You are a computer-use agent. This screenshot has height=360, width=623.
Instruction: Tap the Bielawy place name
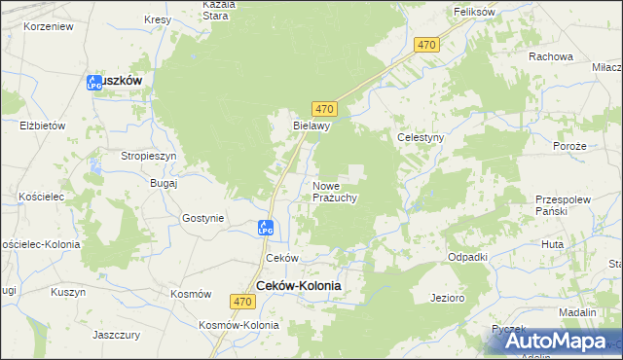pyautogui.click(x=313, y=126)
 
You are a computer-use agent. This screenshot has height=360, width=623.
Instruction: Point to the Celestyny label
pyautogui.click(x=421, y=138)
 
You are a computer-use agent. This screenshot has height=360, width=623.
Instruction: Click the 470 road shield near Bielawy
pyautogui.click(x=325, y=108)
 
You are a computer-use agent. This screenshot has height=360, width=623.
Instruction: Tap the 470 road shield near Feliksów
pyautogui.click(x=426, y=46)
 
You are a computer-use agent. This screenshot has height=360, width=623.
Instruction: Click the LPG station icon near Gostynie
pyautogui.click(x=266, y=228)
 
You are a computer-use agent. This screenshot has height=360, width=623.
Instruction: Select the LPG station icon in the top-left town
pyautogui.click(x=94, y=84)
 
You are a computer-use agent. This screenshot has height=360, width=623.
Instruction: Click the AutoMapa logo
pyautogui.click(x=554, y=342)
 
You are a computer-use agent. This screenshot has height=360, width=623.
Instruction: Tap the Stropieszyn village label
pyautogui.click(x=149, y=156)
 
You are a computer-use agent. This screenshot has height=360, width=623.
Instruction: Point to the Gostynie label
pyautogui.click(x=202, y=218)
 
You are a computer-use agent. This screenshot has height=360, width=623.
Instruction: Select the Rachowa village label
pyautogui.click(x=551, y=56)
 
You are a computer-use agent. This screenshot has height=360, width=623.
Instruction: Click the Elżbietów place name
pyautogui.click(x=42, y=126)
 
